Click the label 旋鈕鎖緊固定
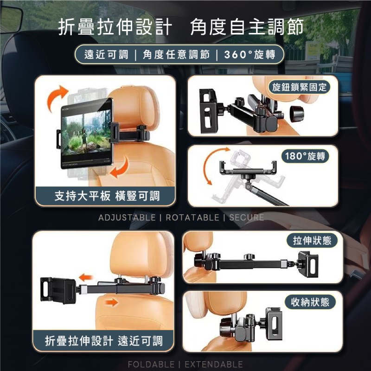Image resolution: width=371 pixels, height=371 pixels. pos(299,87)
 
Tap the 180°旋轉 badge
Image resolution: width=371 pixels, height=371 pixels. pos(305,156)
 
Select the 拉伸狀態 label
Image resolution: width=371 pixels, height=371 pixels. pos(312,241)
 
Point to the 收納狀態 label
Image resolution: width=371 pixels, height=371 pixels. pos(310,302)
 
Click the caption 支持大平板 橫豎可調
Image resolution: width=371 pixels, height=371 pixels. pos(107,196)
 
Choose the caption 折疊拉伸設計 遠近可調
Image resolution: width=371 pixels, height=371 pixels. pos(104,341)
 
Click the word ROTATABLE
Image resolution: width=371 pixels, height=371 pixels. pos(192,217)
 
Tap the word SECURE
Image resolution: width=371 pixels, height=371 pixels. pos(247,217)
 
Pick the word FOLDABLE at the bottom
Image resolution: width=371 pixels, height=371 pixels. pos(151,365)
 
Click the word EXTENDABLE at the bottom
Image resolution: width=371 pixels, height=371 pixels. pos(214,365)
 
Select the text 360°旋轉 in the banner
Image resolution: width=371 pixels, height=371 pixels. pos(249,55)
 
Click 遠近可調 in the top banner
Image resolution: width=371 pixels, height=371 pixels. pos(106,55)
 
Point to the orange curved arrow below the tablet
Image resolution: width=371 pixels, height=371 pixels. pos(121,168)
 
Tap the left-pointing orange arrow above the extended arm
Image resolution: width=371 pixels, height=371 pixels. pos(85,277)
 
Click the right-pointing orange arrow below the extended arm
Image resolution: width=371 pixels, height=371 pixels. pos(111,302)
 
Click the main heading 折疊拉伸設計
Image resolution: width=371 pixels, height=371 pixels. pos(115,28)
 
